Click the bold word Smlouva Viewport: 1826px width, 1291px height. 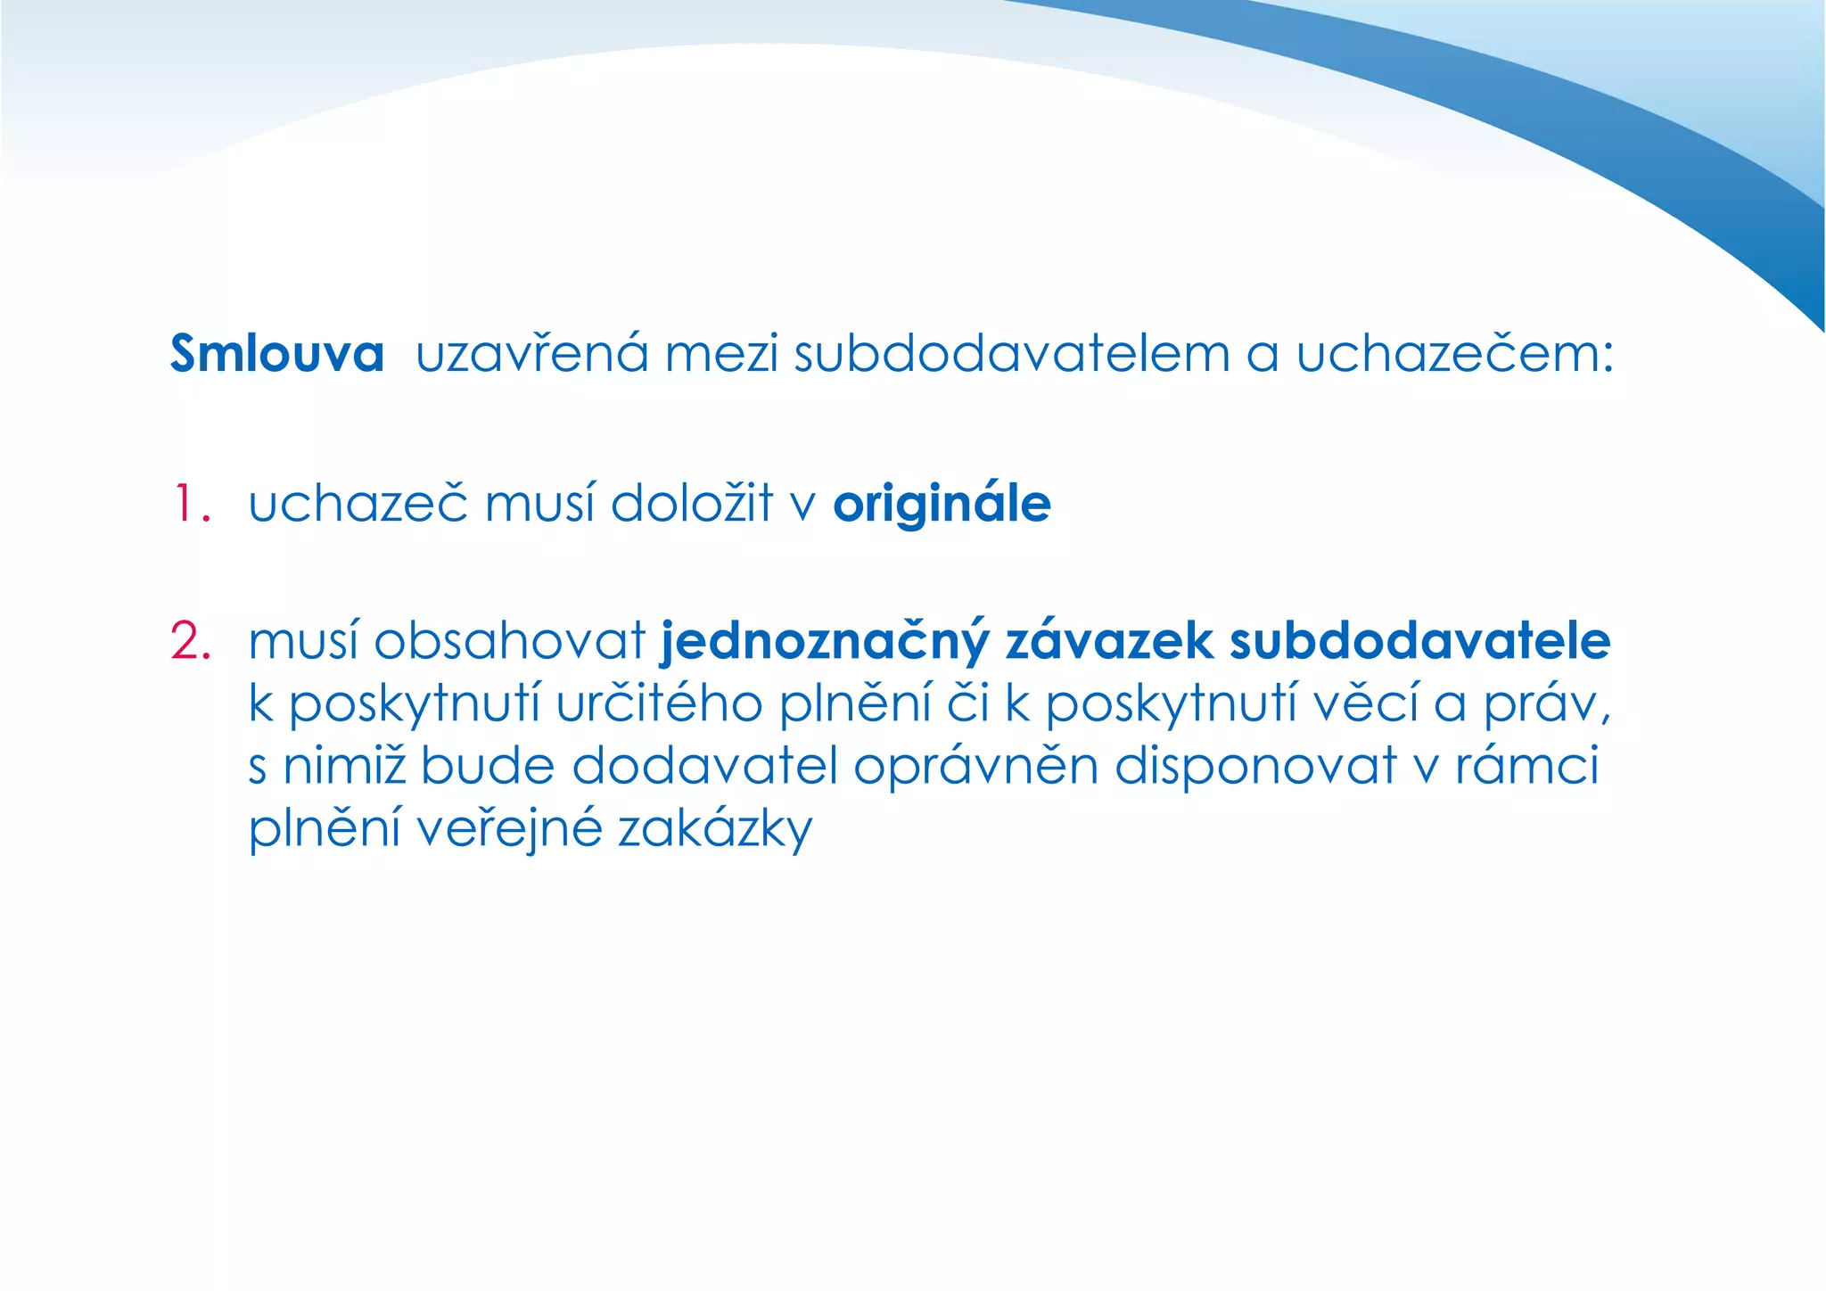[277, 354]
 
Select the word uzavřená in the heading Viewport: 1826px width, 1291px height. [531, 354]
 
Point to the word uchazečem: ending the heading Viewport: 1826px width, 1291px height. [1454, 354]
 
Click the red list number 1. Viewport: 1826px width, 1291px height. [190, 505]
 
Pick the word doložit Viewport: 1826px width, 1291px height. [692, 505]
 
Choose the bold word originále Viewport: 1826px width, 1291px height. [942, 505]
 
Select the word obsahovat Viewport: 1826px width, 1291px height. [509, 641]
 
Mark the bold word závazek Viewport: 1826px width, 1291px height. [1109, 641]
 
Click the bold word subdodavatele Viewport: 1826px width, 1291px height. [1419, 641]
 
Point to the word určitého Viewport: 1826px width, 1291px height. [659, 704]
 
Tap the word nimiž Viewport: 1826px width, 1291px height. [344, 766]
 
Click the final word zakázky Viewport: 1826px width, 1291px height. [715, 829]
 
